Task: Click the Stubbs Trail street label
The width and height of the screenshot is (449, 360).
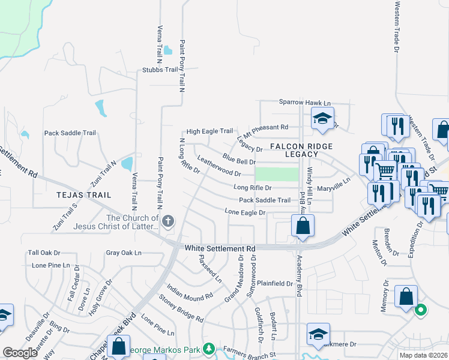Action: pyautogui.click(x=160, y=70)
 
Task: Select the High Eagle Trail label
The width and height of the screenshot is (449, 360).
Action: pyautogui.click(x=209, y=131)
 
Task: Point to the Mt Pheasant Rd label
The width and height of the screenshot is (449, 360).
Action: pyautogui.click(x=265, y=128)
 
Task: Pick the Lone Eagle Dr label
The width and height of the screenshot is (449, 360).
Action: pyautogui.click(x=245, y=212)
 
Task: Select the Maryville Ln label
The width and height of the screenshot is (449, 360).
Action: pyautogui.click(x=333, y=188)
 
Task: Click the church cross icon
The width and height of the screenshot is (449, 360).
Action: pyautogui.click(x=168, y=220)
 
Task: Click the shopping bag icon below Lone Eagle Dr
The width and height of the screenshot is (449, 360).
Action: pyautogui.click(x=303, y=227)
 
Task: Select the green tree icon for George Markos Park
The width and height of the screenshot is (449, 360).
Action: pyautogui.click(x=208, y=348)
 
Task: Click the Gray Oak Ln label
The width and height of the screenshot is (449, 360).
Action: pyautogui.click(x=124, y=253)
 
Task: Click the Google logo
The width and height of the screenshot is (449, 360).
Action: pyautogui.click(x=20, y=353)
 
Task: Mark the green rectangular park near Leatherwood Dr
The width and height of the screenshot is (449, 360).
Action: pyautogui.click(x=277, y=174)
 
